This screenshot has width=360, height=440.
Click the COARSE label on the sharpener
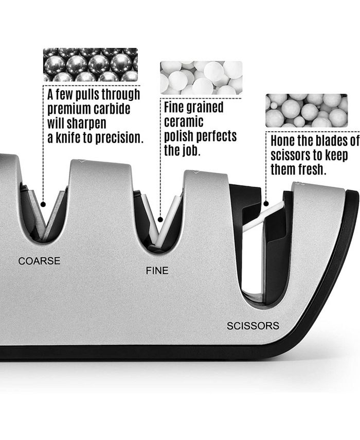tap(39, 261)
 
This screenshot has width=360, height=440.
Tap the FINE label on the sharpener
tap(157, 271)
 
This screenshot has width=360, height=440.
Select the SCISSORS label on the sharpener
tap(253, 326)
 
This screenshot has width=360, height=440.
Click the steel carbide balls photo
tap(91, 65)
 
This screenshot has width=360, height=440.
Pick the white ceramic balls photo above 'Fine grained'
tap(201, 78)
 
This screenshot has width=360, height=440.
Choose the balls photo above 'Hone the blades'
tap(307, 111)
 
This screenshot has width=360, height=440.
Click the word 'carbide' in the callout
tap(112, 109)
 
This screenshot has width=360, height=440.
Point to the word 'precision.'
tap(120, 137)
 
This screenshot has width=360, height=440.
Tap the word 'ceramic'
tap(184, 122)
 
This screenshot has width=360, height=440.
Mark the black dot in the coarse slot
tap(43, 204)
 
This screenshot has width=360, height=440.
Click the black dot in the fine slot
tap(160, 219)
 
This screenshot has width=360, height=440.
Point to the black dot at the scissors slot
tap(266, 204)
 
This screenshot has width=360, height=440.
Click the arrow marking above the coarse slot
tap(82, 161)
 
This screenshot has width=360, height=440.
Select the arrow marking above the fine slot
tap(196, 172)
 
